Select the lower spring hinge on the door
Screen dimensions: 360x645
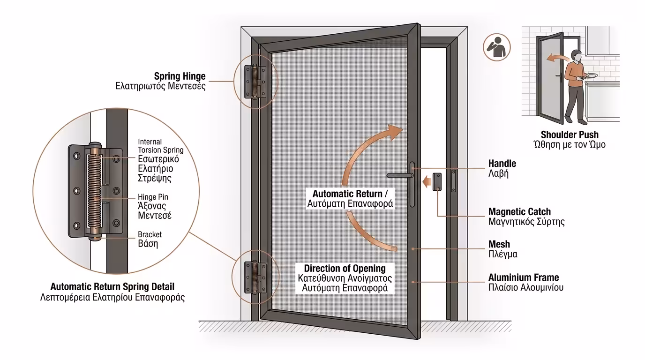click(x=254, y=277)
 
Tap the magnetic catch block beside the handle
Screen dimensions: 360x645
click(x=437, y=181)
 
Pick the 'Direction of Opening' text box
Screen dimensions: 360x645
click(x=345, y=278)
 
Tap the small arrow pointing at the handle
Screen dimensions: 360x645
click(x=426, y=181)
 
